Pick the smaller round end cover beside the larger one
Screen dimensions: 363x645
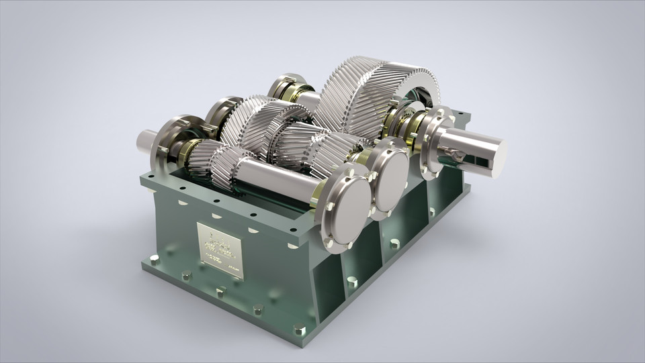[390, 177]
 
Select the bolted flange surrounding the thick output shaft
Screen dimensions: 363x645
[435, 142]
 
